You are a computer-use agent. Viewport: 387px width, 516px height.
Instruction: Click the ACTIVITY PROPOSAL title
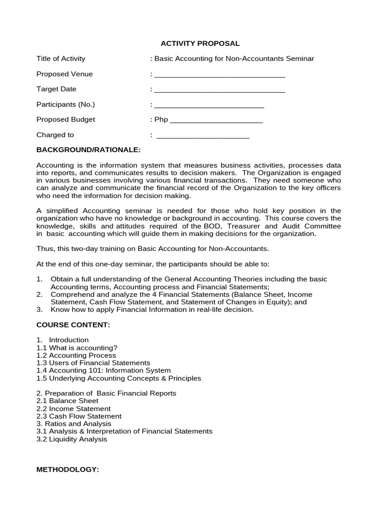coord(200,43)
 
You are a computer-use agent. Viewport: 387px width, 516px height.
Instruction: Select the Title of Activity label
coord(61,58)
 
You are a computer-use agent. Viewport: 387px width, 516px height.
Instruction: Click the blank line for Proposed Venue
coord(219,76)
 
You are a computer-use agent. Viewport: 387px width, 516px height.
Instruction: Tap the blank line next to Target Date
coord(219,91)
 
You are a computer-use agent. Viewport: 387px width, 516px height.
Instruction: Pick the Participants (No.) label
coord(66,104)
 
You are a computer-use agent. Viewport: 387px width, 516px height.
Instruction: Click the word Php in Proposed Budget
coord(161,119)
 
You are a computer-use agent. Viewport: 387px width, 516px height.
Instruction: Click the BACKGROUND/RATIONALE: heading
coord(89,150)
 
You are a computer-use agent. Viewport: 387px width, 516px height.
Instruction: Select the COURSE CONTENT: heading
coord(73,325)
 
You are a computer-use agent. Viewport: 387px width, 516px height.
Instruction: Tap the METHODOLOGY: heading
coord(68,470)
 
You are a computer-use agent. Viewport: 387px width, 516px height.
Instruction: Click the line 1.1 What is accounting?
coord(77,348)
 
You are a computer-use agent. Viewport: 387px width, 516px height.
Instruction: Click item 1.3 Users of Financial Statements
coord(93,363)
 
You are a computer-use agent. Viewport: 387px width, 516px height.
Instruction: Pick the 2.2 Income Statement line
coord(74,409)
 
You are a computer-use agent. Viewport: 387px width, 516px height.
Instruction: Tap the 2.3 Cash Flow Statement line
coord(79,416)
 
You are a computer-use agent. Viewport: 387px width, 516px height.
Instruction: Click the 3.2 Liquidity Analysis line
coord(72,439)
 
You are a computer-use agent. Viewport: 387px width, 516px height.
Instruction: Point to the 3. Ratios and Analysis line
coord(74,424)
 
